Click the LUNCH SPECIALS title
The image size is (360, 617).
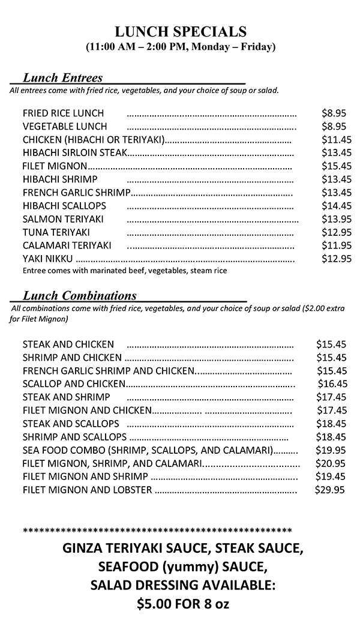(181, 32)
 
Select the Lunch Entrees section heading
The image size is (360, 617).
(62, 77)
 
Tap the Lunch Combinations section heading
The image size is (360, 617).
(79, 295)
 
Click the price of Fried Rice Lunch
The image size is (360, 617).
(334, 113)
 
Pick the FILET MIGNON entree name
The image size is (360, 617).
(55, 166)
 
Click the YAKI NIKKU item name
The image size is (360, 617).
(47, 259)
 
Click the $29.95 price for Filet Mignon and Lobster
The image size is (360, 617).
(330, 490)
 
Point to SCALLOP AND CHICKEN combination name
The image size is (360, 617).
(74, 384)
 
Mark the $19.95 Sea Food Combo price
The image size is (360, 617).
(331, 450)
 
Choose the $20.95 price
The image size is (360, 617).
(331, 463)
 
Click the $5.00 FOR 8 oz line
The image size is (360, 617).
(183, 604)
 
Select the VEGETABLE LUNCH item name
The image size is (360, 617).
(65, 126)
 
